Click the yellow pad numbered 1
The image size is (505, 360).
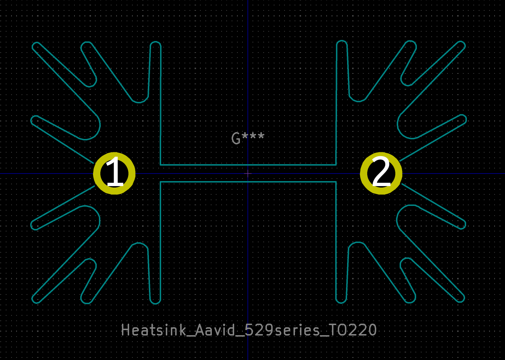(x=114, y=173)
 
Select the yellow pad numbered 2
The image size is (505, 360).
(x=381, y=173)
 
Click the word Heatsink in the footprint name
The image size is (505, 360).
(x=154, y=330)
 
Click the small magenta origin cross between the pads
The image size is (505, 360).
(x=248, y=174)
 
